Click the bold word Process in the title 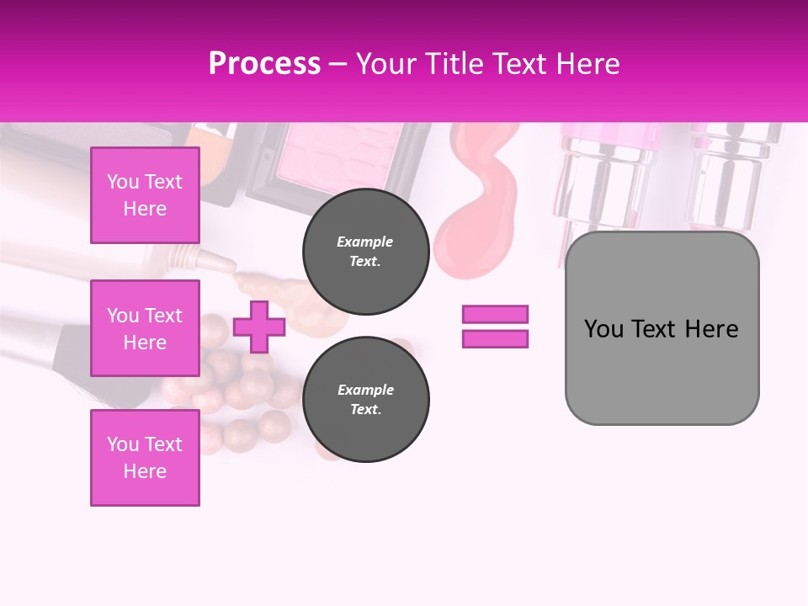(x=264, y=64)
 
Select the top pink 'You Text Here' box (x=145, y=195)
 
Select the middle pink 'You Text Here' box (x=145, y=328)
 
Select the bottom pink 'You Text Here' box (x=145, y=458)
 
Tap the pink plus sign (x=259, y=327)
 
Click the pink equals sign (x=495, y=327)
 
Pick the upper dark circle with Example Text (x=365, y=251)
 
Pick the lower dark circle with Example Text (x=365, y=399)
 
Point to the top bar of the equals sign (x=495, y=315)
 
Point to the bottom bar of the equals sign (x=495, y=338)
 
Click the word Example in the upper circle (x=365, y=242)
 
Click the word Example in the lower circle (x=365, y=390)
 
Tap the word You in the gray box (x=603, y=329)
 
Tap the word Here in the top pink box (x=145, y=209)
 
